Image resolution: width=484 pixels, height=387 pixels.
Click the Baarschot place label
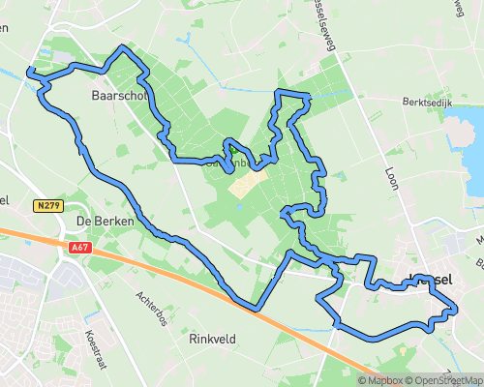(118, 96)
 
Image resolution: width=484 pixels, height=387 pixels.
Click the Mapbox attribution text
(379, 379)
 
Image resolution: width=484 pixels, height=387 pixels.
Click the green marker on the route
(231, 150)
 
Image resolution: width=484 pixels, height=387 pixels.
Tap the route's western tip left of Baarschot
(29, 71)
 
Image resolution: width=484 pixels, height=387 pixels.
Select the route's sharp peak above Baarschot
(123, 47)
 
